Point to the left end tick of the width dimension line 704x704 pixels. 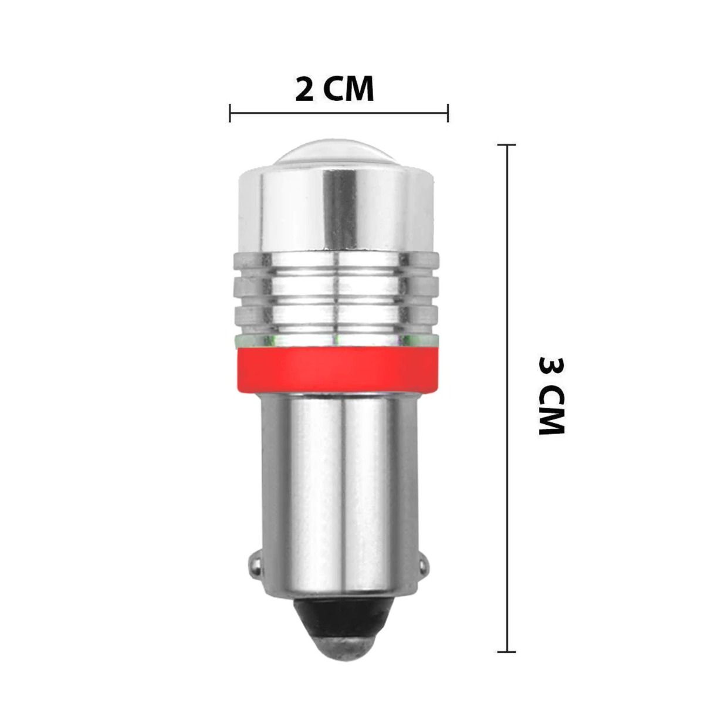pos(230,113)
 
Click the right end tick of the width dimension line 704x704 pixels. pos(448,113)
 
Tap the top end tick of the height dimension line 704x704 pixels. pos(507,145)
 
